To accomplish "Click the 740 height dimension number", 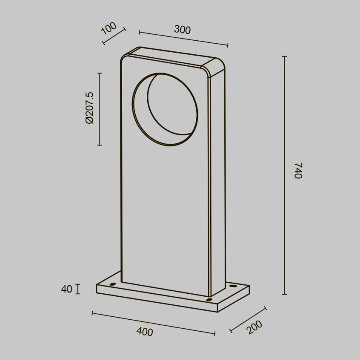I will click(x=298, y=170).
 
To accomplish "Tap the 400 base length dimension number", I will click(x=144, y=332).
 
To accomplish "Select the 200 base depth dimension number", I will click(x=255, y=327).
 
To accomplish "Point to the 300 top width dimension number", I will click(x=182, y=30).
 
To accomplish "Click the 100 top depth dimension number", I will click(x=109, y=28).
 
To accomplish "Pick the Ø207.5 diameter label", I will click(x=90, y=108).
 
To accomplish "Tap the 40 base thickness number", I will click(x=67, y=289).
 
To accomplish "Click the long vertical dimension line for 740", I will click(x=284, y=175).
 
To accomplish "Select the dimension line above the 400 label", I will click(x=153, y=323).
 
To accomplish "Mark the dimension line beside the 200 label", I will click(x=248, y=319).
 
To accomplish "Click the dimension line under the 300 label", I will click(x=183, y=38).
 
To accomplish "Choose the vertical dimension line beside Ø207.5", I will click(x=100, y=109).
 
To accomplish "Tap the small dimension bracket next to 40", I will click(x=78, y=289).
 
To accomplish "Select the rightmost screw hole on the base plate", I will click(x=233, y=286).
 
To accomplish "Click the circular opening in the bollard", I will click(x=165, y=109).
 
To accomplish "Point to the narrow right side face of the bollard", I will click(x=218, y=181).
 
